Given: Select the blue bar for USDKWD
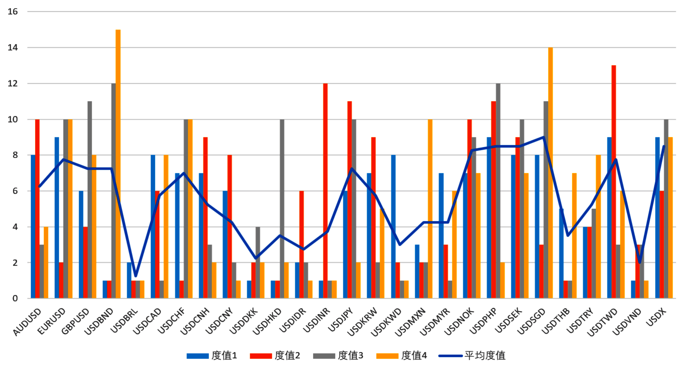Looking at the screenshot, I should pos(393,227).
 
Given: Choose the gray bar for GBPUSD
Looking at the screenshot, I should pos(90,200).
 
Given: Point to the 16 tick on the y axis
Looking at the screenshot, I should pos(12,12).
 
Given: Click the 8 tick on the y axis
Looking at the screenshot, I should pos(15,155).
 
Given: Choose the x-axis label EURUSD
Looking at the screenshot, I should pos(51,321).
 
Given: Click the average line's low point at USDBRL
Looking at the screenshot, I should pos(135,276).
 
